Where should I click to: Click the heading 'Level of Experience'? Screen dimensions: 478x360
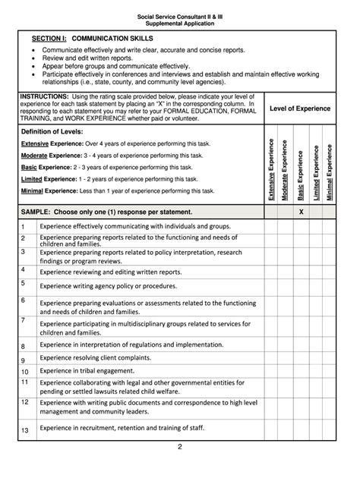point(300,108)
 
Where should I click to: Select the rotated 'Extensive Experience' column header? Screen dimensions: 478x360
point(271,171)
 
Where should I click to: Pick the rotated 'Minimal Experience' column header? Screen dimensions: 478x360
point(329,171)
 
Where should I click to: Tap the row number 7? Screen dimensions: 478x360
point(24,321)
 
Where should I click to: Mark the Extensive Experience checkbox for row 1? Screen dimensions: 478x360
point(271,226)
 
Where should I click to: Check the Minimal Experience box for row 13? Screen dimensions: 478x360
point(329,430)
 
